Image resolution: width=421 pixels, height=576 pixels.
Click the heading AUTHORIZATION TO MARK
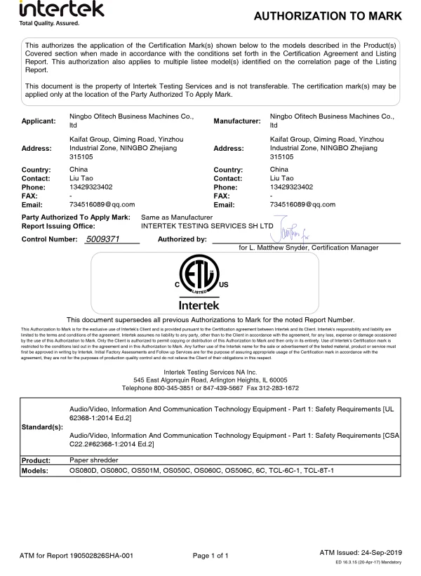(x=328, y=16)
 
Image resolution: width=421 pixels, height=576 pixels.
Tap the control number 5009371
(x=102, y=240)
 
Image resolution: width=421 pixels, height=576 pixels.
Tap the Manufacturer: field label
(x=237, y=121)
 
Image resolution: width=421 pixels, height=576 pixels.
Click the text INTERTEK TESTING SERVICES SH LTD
(x=206, y=227)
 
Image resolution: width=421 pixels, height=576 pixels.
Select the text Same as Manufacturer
(x=176, y=218)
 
